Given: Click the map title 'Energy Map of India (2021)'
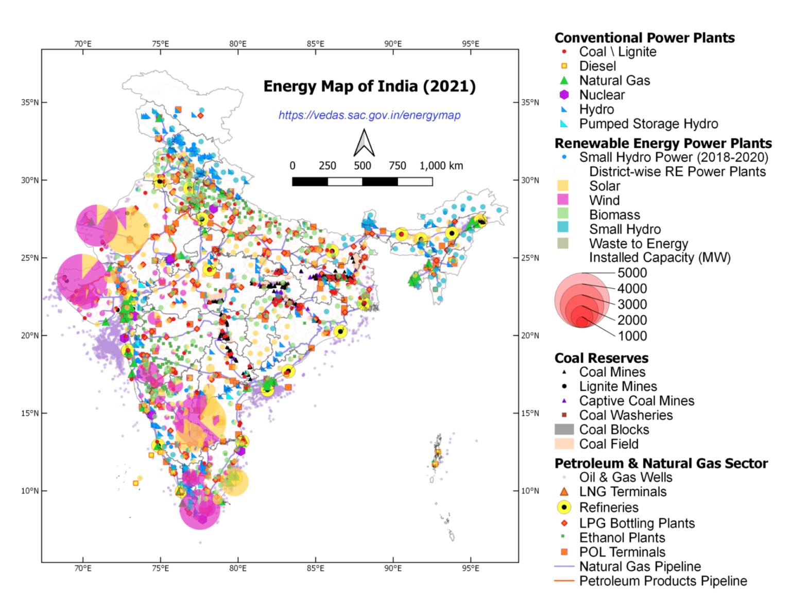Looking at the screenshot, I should [369, 86].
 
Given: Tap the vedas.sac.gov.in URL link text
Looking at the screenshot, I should [369, 115].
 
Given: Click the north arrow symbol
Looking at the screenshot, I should [364, 143].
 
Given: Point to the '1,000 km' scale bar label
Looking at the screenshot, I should [441, 166].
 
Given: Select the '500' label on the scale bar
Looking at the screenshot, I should [362, 166].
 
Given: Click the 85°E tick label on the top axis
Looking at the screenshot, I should [315, 44].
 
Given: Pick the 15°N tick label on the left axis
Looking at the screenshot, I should [29, 413].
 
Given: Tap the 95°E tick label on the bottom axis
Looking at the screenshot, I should [470, 568].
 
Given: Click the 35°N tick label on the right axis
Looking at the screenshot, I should [530, 102].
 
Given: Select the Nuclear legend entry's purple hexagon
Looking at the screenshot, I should [564, 95].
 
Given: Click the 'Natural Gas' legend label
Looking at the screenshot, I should [614, 81].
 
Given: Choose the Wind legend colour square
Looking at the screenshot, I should [563, 200].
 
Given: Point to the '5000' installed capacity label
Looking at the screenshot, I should [632, 273].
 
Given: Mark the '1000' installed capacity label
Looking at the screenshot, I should [632, 336].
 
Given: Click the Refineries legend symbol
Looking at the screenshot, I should [564, 507].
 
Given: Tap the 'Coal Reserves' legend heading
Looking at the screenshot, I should [601, 358].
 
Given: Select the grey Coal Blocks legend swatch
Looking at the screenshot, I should [564, 430].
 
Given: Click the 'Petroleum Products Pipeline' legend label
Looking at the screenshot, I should [663, 581].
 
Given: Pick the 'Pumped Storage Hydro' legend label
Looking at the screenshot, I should [648, 124].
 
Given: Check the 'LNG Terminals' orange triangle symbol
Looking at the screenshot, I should [564, 492].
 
